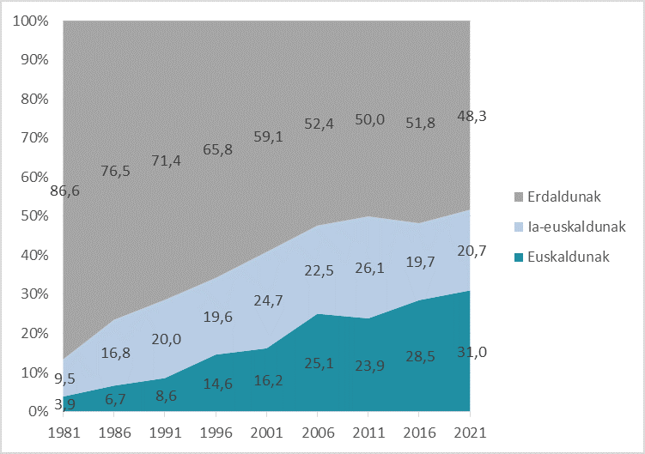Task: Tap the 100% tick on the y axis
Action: [30, 21]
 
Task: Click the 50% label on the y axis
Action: [33, 216]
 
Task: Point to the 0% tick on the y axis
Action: [37, 412]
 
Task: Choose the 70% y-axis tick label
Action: [33, 138]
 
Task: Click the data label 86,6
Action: [64, 191]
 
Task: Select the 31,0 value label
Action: [470, 352]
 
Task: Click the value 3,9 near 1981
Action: [65, 403]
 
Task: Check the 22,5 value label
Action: [318, 271]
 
